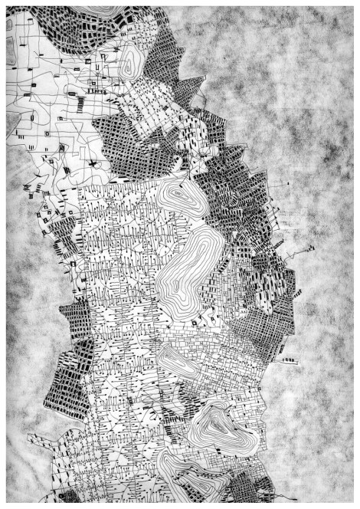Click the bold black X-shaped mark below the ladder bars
[90, 164]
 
